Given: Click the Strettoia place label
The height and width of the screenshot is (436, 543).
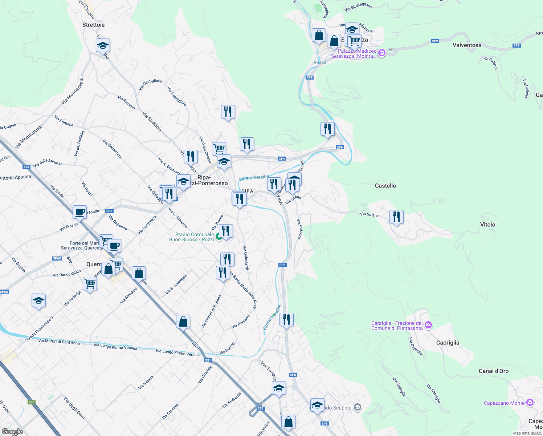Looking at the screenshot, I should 93,25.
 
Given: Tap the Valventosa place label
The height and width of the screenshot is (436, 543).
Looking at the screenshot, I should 467,45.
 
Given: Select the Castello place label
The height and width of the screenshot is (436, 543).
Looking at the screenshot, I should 385,186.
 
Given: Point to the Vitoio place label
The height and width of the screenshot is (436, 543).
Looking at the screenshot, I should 487,225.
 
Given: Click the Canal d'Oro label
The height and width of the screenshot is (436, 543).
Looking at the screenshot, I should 493,371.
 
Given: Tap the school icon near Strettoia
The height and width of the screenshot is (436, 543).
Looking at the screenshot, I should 103,46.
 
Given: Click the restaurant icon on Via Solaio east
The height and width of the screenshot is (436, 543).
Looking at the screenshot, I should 396,217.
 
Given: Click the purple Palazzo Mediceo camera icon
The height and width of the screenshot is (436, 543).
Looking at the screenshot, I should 381,53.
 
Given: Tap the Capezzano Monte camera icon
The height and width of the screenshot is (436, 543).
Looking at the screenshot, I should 530,403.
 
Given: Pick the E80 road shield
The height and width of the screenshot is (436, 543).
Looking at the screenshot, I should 32,402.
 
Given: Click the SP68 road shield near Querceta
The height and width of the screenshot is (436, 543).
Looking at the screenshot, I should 57,258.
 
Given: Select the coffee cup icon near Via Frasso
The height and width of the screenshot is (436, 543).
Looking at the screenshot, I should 79,212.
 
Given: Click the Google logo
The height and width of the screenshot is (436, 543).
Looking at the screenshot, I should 12,432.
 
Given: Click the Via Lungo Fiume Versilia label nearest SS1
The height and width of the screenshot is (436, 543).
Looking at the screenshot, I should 177,352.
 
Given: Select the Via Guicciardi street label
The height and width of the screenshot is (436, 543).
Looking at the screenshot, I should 246,258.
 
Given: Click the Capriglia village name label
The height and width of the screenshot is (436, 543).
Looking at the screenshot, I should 448,343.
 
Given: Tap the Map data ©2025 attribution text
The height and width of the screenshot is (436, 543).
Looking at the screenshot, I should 527,433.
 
